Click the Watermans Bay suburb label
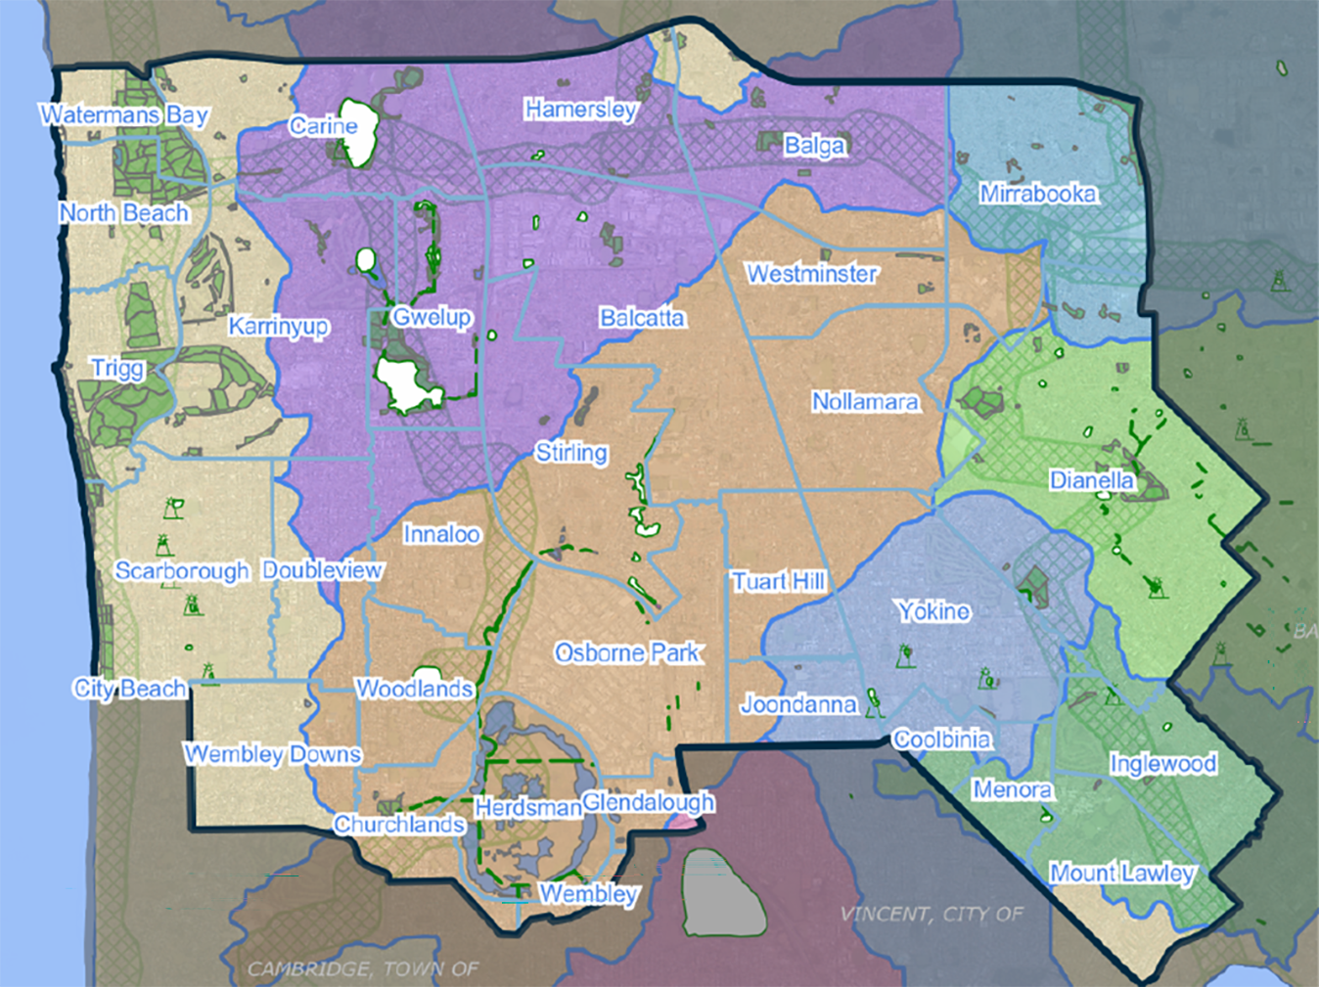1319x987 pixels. pos(124,115)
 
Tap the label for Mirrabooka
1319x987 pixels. pos(1038,194)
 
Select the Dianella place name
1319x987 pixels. pos(1092,480)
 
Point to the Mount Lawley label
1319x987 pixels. pos(1122,873)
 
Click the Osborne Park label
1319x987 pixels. pos(627,652)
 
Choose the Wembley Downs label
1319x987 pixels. pos(273,754)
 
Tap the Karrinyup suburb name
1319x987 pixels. pos(279,326)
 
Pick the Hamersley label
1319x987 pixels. pos(581,110)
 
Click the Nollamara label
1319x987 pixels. pos(866,402)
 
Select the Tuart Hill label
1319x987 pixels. pos(779,582)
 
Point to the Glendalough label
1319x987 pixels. pos(648,803)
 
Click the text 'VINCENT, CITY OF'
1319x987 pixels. pos(932,914)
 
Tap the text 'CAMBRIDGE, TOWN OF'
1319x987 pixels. pos(363,968)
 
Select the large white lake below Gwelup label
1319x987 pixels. pos(408,385)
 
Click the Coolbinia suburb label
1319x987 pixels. pos(942,740)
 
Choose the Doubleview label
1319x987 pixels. pos(323,570)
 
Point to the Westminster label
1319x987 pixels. pos(812,274)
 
